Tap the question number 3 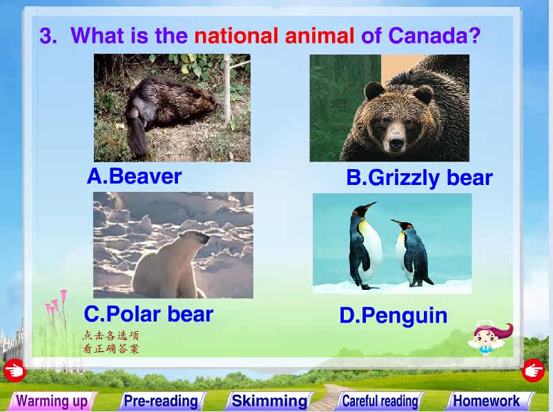pos(48,36)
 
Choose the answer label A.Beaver pos(134,176)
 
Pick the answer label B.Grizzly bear pos(419,178)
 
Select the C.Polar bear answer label pos(148,314)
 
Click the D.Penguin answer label pos(394,316)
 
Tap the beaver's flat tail pos(136,136)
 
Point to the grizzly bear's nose pos(396,143)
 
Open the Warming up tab pos(52,401)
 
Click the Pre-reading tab pos(162,401)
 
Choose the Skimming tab pos(270,401)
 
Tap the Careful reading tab pos(380,401)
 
